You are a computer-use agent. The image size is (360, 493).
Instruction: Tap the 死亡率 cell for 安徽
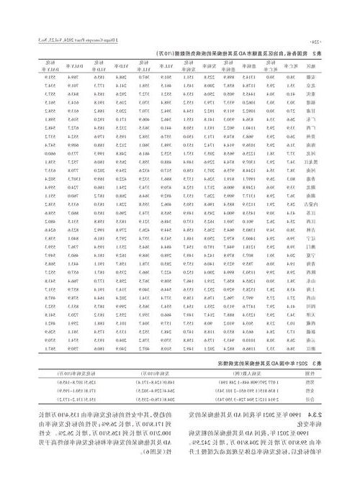tap(317, 77)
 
